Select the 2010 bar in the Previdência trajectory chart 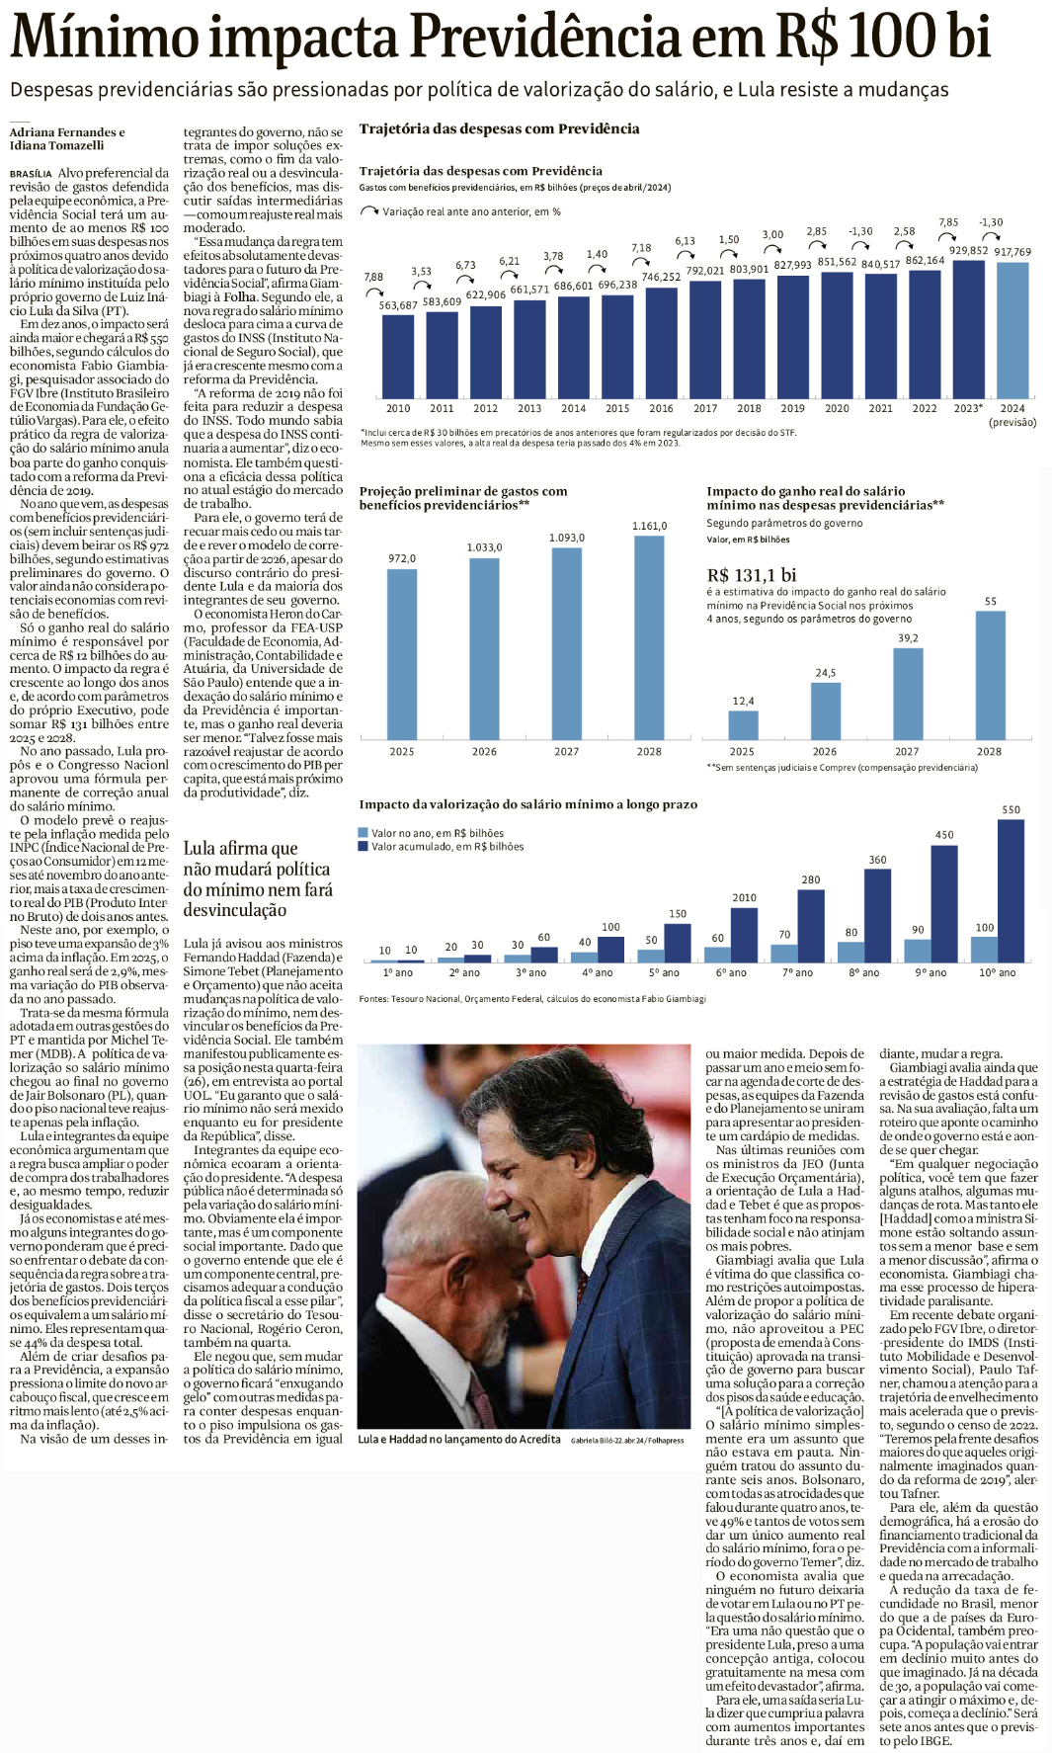tap(398, 356)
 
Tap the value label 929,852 tap(968, 251)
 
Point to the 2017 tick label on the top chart tap(705, 408)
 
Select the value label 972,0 tap(402, 559)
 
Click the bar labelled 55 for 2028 tap(990, 674)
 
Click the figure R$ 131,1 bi tap(752, 575)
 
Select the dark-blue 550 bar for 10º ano tap(1011, 890)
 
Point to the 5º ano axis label tap(664, 973)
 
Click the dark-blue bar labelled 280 tap(811, 926)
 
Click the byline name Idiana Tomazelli tap(56, 145)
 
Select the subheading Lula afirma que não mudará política tap(257, 878)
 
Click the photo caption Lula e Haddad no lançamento tap(459, 1439)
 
